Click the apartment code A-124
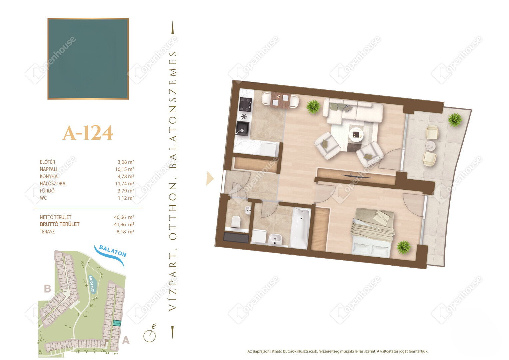tap(88, 133)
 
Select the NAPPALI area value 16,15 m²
tap(124, 169)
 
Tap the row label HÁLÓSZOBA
tap(53, 184)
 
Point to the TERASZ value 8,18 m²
tap(125, 232)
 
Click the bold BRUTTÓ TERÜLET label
tap(60, 224)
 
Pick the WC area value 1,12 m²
tap(126, 198)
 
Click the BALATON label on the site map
tap(113, 251)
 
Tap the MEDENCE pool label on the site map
tap(92, 284)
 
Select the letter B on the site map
tap(47, 289)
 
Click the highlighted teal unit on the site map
tap(117, 323)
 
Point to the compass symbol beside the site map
tap(150, 334)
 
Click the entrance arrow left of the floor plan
tap(210, 179)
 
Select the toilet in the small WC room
tap(236, 222)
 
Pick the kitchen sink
tap(242, 128)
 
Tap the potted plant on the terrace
tap(455, 120)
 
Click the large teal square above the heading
tap(88, 59)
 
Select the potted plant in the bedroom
tap(403, 247)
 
